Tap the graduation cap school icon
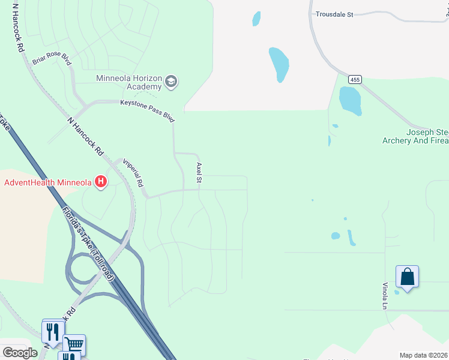(171, 82)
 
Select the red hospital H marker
(101, 181)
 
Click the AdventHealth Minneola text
(48, 182)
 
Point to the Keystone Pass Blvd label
(147, 110)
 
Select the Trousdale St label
(334, 14)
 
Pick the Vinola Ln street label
(385, 296)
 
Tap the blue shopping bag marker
(407, 277)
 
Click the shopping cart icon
(74, 344)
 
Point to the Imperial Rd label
(133, 173)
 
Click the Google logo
(20, 352)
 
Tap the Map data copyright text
(423, 355)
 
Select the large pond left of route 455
(279, 64)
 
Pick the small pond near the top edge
(256, 19)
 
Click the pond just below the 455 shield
(350, 100)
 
